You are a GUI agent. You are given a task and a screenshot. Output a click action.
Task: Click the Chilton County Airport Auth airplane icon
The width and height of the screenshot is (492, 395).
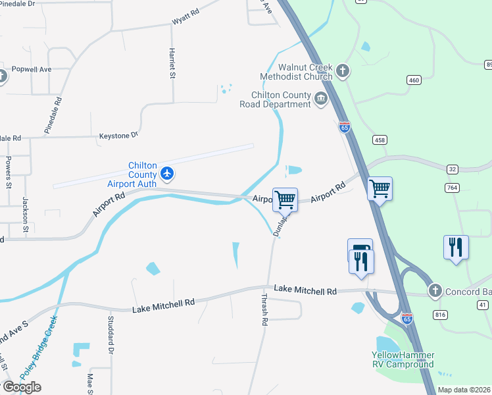click(x=168, y=173)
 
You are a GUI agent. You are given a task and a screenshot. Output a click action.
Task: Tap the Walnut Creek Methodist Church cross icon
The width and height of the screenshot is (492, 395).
click(x=342, y=70)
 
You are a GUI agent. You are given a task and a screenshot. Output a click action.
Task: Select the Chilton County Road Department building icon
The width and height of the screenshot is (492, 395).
click(x=321, y=99)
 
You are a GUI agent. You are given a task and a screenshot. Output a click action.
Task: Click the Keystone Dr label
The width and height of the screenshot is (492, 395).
click(x=118, y=135)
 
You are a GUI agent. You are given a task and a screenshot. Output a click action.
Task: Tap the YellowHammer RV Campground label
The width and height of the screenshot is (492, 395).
click(x=403, y=359)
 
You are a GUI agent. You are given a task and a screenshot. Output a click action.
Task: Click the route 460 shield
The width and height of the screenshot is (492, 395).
click(x=414, y=80)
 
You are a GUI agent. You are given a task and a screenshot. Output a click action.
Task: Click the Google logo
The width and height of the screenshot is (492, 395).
click(x=22, y=386)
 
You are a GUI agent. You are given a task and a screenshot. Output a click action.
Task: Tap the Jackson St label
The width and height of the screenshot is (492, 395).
click(x=26, y=215)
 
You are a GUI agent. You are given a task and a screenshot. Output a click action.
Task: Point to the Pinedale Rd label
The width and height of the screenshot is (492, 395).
click(x=53, y=116)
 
